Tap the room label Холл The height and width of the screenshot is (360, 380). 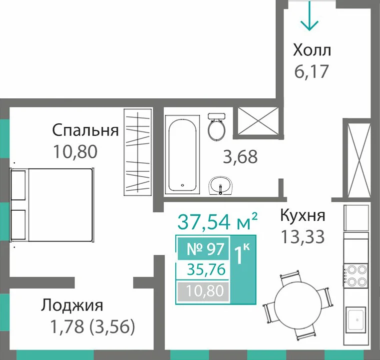pyautogui.click(x=312, y=50)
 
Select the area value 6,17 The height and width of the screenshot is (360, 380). pyautogui.click(x=312, y=71)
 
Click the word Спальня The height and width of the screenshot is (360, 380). pyautogui.click(x=85, y=130)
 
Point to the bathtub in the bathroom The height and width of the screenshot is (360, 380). pyautogui.click(x=182, y=154)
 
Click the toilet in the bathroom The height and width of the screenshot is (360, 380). pyautogui.click(x=216, y=126)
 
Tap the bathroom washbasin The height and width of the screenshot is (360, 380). pyautogui.click(x=221, y=186)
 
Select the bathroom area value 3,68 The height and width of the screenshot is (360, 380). pyautogui.click(x=240, y=157)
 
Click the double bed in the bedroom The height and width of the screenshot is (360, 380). pyautogui.click(x=52, y=205)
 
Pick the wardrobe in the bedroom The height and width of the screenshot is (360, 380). pyautogui.click(x=138, y=152)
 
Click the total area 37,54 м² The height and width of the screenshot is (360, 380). pyautogui.click(x=217, y=221)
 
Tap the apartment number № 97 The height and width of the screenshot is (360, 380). pyautogui.click(x=205, y=249)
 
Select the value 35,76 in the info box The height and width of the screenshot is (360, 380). pyautogui.click(x=206, y=270)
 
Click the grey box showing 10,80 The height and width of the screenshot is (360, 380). pyautogui.click(x=203, y=291)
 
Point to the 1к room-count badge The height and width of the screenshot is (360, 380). pyautogui.click(x=243, y=269)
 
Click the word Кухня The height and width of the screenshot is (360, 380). pyautogui.click(x=303, y=215)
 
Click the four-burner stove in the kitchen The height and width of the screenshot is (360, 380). pyautogui.click(x=356, y=275)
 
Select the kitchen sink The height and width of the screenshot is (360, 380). pyautogui.click(x=356, y=319)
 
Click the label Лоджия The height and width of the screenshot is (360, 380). pyautogui.click(x=72, y=306)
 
